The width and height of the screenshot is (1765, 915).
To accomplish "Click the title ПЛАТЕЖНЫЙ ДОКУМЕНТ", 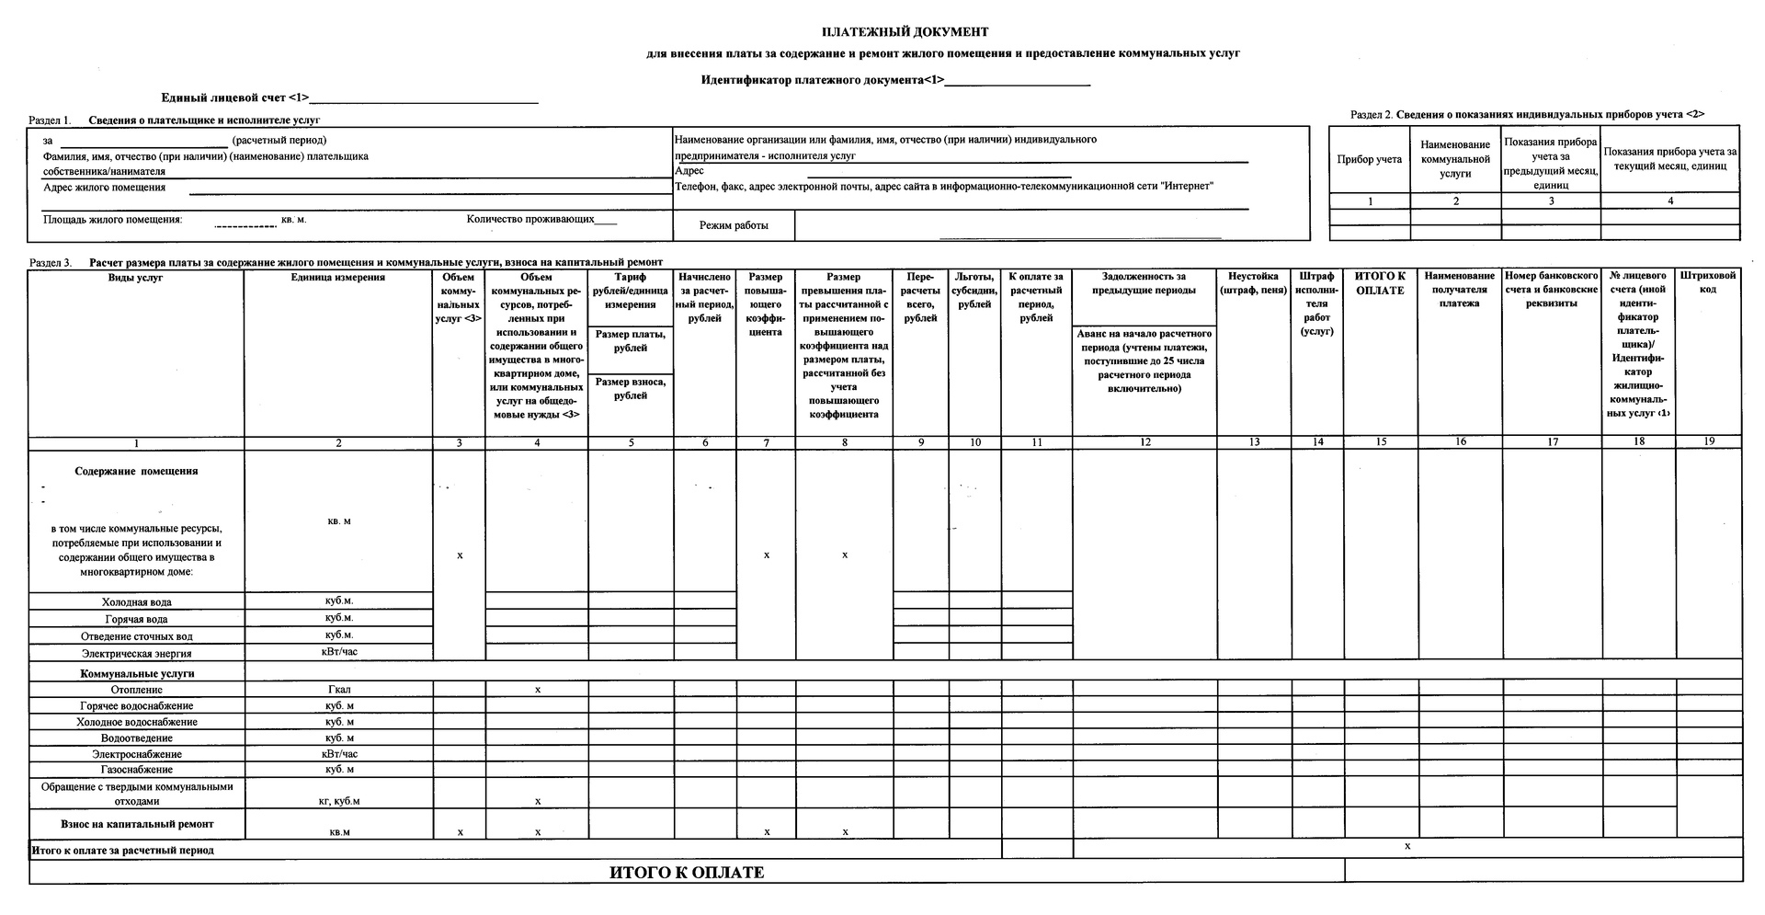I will (x=905, y=32).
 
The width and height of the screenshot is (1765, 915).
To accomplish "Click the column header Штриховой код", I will (x=1708, y=282).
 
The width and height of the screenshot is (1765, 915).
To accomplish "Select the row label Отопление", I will (x=136, y=690).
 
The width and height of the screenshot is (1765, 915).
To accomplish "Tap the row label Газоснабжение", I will (x=136, y=770).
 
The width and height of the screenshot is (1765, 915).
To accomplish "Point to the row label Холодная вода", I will (x=136, y=602).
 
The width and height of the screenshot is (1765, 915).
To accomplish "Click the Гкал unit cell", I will (x=338, y=690).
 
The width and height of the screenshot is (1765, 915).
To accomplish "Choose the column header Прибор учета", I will (x=1369, y=160).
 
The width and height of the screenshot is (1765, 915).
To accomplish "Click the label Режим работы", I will (x=734, y=225).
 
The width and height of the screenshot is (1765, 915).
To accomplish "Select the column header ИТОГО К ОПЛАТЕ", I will (x=1380, y=283).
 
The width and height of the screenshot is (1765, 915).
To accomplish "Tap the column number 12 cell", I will (x=1144, y=442).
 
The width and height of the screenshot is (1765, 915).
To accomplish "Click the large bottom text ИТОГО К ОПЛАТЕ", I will (x=687, y=873).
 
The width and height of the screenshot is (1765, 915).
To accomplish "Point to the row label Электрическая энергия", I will (x=136, y=654).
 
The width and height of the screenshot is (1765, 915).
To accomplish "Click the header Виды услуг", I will (x=136, y=278).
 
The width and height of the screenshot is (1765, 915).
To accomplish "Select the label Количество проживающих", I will (x=530, y=219).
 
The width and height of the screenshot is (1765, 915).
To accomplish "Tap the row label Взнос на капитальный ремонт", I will (x=137, y=824).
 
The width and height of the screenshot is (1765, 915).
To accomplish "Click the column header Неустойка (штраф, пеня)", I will (x=1254, y=283).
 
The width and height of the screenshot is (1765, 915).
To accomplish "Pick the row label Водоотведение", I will (x=136, y=738).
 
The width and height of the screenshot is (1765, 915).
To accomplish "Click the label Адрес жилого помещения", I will (x=105, y=188).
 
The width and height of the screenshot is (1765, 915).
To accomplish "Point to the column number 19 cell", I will (x=1708, y=441).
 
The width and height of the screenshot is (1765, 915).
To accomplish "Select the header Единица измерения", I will (x=338, y=278).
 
